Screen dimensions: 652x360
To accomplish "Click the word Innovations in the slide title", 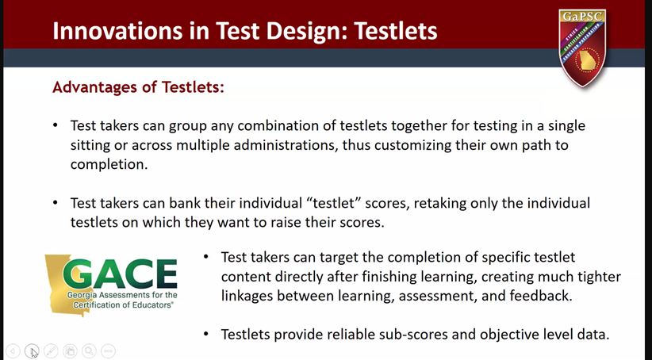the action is point(117,31).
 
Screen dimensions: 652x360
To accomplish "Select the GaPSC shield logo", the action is point(582,48).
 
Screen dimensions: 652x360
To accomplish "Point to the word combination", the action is point(278,125).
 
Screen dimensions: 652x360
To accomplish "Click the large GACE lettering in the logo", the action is point(121,274).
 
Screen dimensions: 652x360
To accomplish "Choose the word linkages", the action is point(247,296).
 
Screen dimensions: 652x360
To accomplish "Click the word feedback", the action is point(541,296).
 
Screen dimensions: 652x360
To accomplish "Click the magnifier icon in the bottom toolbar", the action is point(89,350).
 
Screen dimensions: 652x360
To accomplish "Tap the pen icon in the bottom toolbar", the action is point(51,350).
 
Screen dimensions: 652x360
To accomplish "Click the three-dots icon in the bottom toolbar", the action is point(108,350).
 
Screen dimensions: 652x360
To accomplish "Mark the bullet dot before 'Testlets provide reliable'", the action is point(205,334).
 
